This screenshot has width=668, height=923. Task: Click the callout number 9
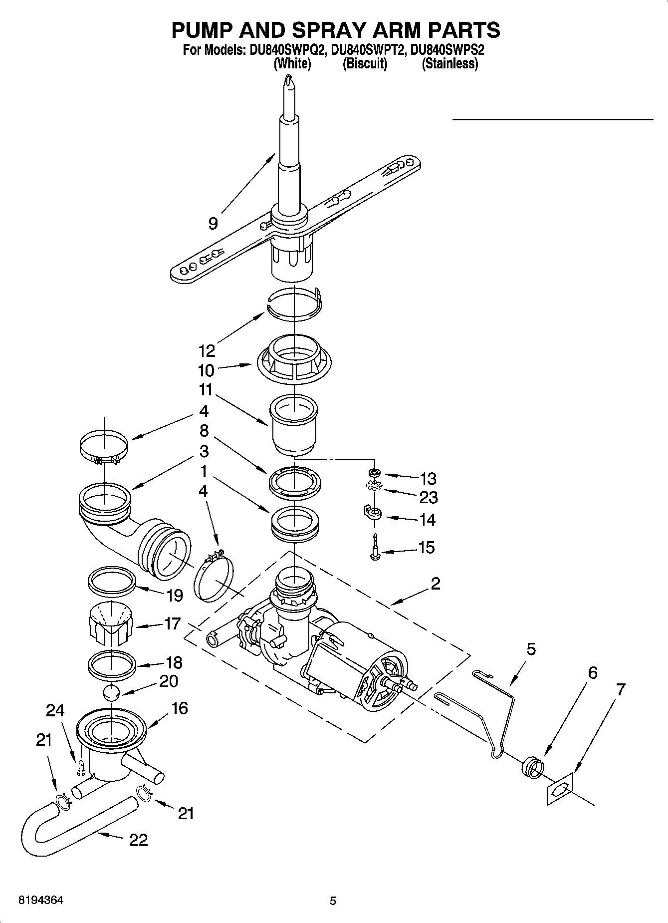coord(213,223)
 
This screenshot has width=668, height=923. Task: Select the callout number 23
coord(429,498)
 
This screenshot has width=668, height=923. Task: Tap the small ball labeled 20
coord(112,693)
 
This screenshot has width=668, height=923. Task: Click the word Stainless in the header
coord(450,64)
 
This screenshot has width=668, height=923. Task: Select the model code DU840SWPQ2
coord(285,50)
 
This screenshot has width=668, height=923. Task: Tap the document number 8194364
coord(41,901)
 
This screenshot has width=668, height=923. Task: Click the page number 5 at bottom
coord(333,901)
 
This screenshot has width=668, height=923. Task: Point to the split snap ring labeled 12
coord(294,306)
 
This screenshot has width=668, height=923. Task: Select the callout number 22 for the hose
coord(138,840)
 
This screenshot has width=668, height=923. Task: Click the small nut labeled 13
coord(373,472)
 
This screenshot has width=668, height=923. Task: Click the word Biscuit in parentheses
coord(365,64)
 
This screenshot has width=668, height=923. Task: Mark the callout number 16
coord(179,708)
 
